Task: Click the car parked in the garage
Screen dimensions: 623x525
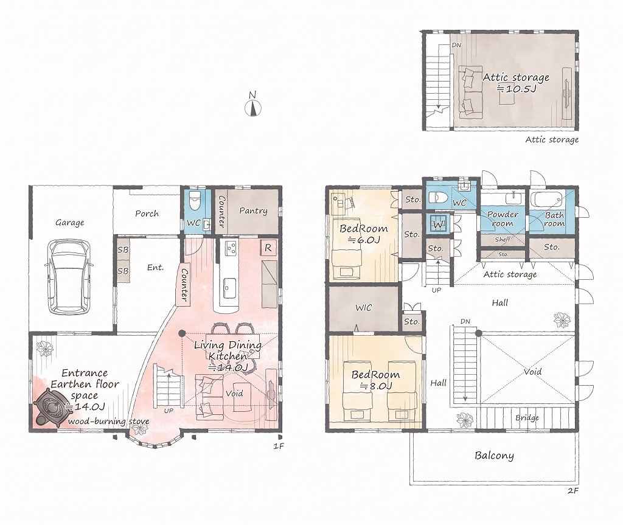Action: (69, 277)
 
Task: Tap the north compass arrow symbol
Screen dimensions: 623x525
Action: (252, 108)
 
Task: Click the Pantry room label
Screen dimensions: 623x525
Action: (253, 210)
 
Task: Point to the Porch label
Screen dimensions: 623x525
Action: (147, 214)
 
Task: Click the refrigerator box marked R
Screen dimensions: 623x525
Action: (268, 248)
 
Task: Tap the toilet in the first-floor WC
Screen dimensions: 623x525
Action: (194, 201)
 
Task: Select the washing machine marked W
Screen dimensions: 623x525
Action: (438, 224)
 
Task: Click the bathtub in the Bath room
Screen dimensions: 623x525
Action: (548, 199)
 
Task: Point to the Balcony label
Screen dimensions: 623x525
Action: (494, 456)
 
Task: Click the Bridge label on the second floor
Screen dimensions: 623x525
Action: (527, 418)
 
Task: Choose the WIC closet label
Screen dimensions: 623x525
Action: (364, 307)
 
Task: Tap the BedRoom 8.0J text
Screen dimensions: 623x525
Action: (375, 380)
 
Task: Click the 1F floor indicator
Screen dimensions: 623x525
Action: (279, 446)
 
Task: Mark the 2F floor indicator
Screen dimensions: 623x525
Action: (573, 490)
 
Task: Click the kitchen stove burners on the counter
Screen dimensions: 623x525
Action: (231, 248)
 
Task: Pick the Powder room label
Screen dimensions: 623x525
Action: (503, 218)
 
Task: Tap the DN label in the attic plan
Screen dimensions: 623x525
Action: (456, 45)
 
